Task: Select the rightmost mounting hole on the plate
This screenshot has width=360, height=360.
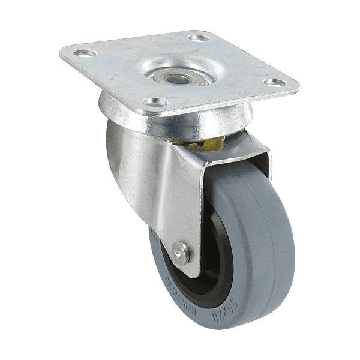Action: (274, 82)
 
